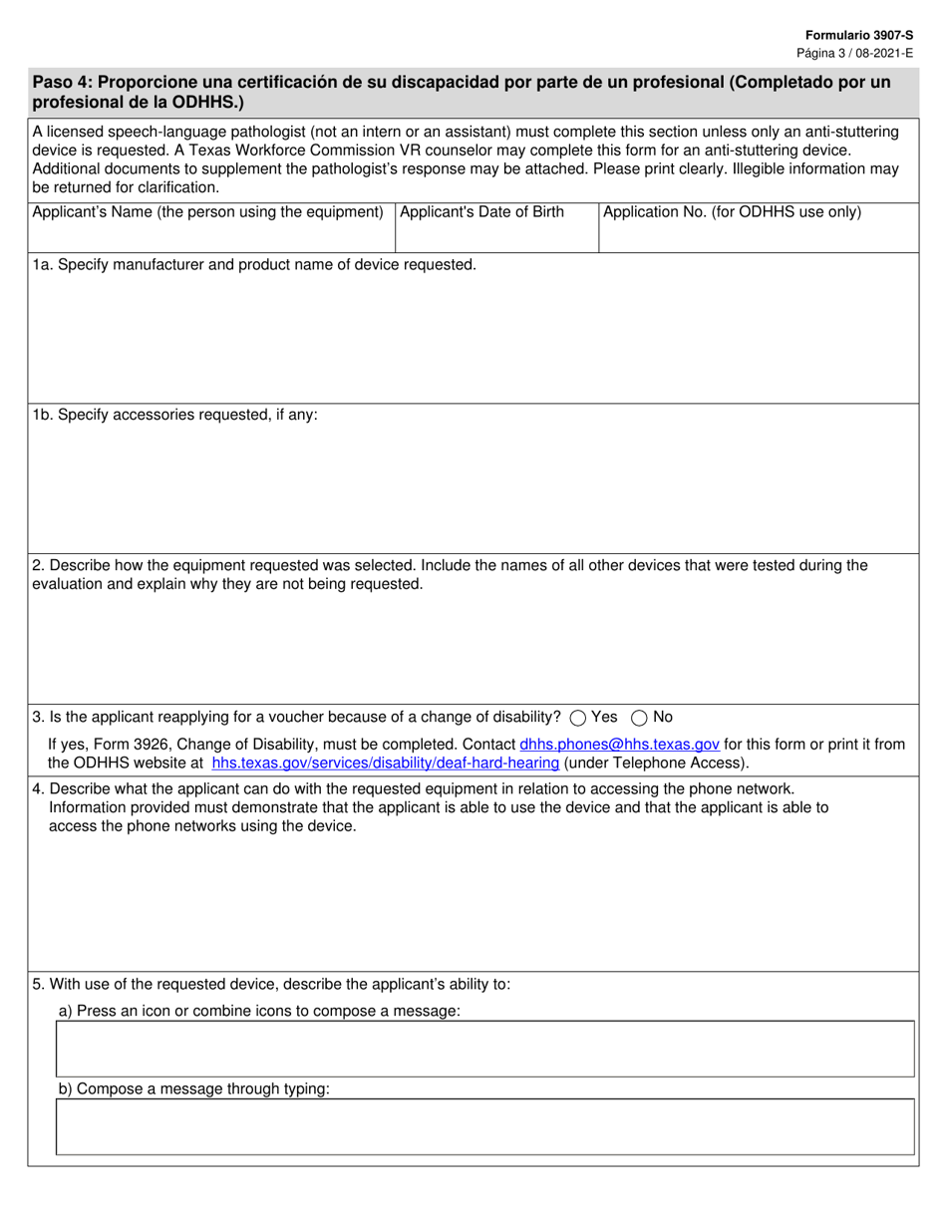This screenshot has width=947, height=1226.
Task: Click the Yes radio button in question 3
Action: coord(577,718)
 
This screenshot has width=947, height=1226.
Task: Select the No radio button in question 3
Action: coord(640,718)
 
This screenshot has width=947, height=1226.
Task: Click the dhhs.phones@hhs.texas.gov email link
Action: coord(619,745)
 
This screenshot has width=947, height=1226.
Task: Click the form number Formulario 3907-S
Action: coord(859,35)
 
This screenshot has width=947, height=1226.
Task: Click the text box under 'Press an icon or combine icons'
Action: coord(484,1049)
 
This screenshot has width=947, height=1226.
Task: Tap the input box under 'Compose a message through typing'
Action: coord(484,1126)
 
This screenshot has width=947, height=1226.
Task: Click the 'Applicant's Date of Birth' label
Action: coord(481,212)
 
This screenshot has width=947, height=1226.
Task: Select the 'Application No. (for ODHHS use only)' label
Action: coord(732,212)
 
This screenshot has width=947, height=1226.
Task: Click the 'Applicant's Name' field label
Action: coord(207,212)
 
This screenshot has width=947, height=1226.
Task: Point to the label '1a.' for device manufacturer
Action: coord(42,265)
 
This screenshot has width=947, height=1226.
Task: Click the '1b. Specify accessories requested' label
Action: coord(175,415)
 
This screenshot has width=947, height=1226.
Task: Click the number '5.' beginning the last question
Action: coord(38,984)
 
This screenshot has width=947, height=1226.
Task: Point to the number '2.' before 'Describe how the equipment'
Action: coord(38,565)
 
